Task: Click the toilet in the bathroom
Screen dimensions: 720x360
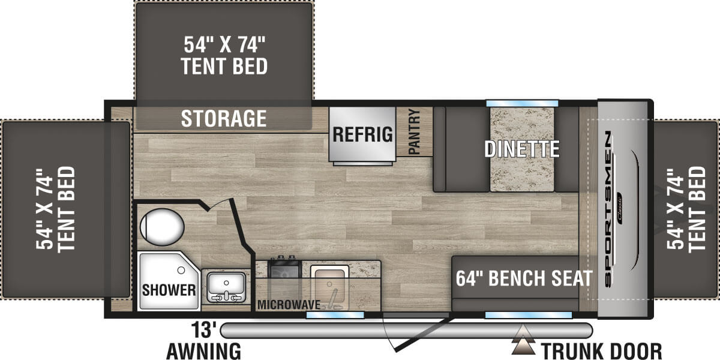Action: (162, 227)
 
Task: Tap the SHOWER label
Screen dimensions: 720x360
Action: (169, 290)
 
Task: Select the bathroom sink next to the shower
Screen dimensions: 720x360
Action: (226, 287)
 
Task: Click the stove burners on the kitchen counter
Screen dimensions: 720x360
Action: (284, 268)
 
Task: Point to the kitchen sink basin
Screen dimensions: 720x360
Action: (329, 287)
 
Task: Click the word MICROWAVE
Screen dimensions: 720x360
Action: (289, 304)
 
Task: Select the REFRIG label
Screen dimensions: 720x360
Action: (362, 134)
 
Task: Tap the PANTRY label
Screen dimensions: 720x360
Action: (415, 131)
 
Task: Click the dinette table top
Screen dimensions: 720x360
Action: (522, 149)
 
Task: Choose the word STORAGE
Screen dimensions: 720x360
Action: (224, 118)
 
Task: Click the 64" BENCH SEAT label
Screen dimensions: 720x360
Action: (524, 278)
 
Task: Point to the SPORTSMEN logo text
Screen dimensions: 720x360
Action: (608, 209)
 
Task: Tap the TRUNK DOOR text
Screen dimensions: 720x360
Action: (601, 350)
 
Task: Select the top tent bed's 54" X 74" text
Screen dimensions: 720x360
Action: (224, 44)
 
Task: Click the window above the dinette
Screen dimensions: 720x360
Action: (522, 103)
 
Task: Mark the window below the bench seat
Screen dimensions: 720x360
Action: (528, 314)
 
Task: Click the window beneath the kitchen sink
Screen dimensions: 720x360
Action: (335, 314)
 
